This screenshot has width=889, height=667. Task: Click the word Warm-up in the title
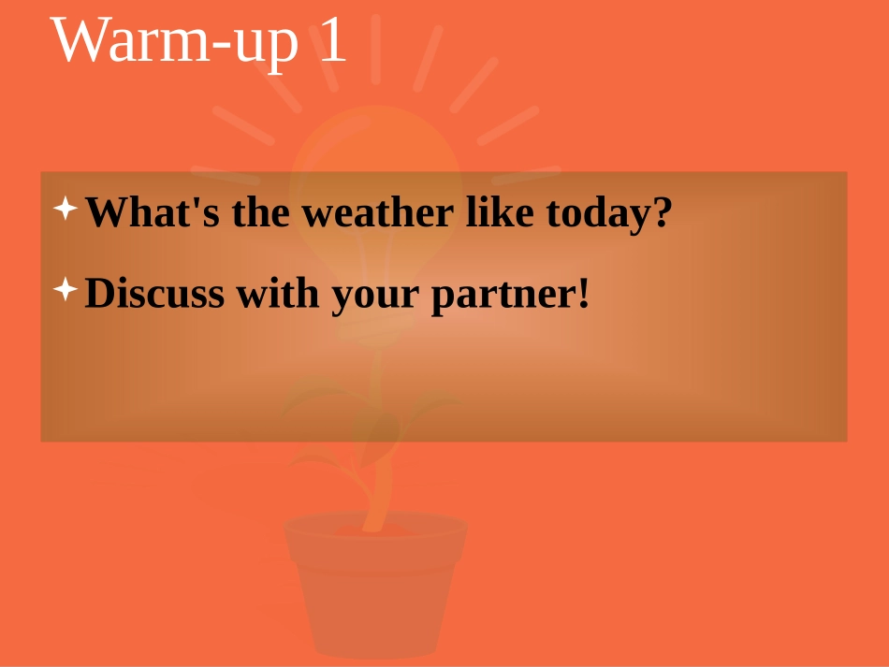coord(172,42)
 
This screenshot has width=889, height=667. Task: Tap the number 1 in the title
coord(332,42)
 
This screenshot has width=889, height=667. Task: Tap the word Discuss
coord(154,294)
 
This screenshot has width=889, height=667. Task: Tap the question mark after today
coord(663,213)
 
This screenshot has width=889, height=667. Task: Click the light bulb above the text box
coord(374,150)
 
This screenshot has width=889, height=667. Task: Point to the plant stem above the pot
coord(378,486)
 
